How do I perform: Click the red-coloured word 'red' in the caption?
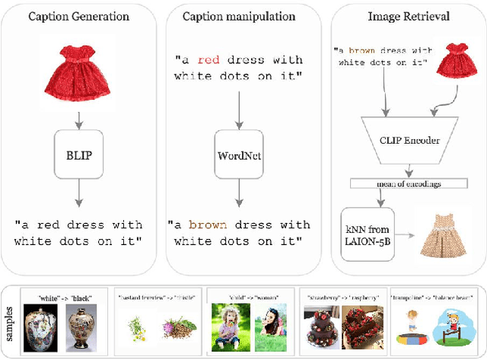point(210,60)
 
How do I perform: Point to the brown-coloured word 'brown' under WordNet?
point(208,225)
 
